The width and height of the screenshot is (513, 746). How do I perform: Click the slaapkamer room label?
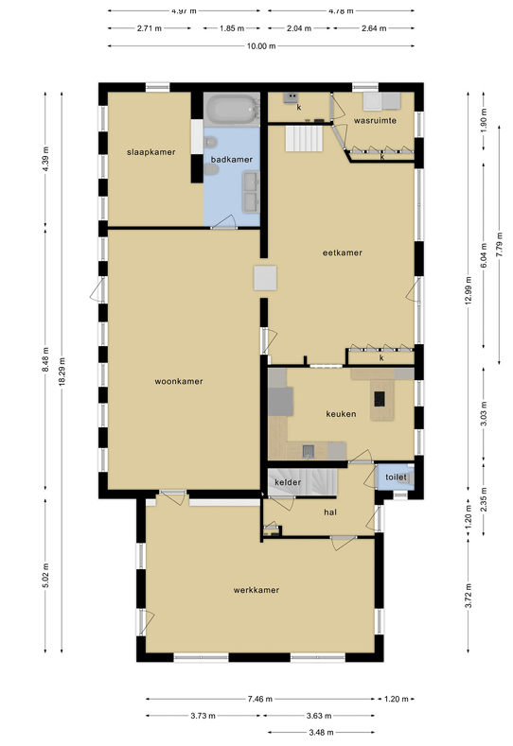151,152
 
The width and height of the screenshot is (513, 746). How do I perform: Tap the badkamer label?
232,160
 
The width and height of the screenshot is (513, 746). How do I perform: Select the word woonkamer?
179,381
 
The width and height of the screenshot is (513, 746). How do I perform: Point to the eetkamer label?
342,252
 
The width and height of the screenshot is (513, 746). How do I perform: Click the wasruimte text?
375,120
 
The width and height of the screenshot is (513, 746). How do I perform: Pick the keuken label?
341,414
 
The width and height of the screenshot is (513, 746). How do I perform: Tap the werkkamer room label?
256,590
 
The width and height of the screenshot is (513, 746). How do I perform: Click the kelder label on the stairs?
288,482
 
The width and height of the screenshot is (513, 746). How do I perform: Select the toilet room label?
396,477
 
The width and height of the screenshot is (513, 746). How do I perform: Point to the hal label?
330,512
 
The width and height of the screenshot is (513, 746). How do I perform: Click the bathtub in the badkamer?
232,110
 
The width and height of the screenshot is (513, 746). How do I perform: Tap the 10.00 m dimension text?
261,46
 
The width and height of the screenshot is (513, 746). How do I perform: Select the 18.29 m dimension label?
62,372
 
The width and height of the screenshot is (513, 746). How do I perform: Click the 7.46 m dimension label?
259,699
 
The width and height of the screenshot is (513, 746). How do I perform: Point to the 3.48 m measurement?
321,732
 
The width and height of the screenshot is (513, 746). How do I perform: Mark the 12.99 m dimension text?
468,290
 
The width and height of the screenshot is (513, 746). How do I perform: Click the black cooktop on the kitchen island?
380,398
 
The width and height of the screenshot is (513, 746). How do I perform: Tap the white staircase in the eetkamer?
304,138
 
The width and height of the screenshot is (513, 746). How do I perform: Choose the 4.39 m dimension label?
45,159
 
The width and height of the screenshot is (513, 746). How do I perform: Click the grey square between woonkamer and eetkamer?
265,278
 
